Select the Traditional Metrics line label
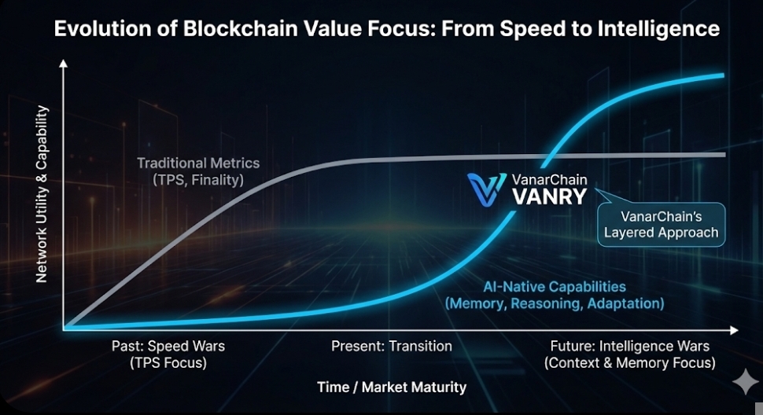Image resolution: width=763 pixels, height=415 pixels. coord(198,163)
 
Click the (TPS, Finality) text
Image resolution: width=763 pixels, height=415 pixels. coord(198,180)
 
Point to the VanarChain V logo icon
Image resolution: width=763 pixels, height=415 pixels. coord(486,189)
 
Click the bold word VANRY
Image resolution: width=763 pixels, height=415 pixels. coord(549,196)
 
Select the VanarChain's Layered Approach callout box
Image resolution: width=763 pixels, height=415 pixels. coord(661,225)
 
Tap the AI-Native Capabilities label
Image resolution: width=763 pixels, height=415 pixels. coord(555,287)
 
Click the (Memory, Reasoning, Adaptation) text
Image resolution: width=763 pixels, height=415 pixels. coord(555,303)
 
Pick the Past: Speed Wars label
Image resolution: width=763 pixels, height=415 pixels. coord(168,346)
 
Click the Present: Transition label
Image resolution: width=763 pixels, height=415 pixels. coord(392,346)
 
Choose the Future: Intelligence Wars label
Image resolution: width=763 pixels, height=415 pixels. coord(629,346)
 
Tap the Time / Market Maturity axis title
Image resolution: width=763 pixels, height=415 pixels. coord(392,387)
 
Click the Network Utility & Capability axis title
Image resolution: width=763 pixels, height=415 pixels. coord(42,194)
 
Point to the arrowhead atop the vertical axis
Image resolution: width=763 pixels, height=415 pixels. coord(63,63)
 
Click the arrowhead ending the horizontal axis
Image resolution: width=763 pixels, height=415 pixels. coord(734,330)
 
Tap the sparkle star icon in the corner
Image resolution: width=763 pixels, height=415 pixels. coord(746,382)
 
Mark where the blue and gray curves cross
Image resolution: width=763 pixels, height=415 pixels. coord(546,157)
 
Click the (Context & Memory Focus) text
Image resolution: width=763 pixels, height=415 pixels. coord(629,363)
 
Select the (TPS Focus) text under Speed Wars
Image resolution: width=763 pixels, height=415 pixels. coord(168,363)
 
